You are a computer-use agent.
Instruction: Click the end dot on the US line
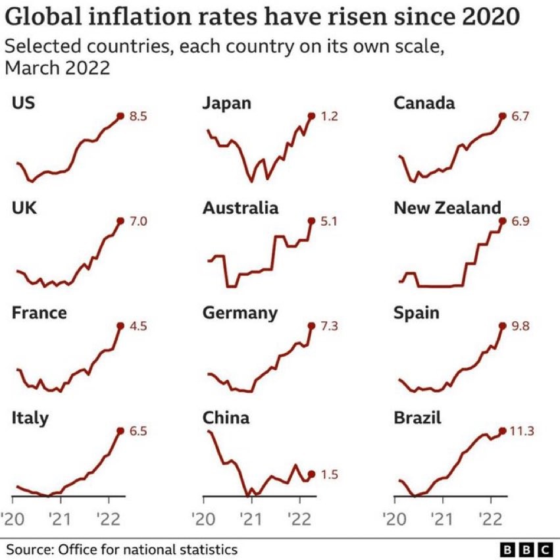(120, 116)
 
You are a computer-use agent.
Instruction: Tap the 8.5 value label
(137, 116)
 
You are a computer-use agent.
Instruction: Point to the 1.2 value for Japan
(328, 116)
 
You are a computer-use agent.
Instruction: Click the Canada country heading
(424, 103)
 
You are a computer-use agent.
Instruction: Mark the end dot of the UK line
(120, 221)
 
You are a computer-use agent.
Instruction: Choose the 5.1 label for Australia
(328, 222)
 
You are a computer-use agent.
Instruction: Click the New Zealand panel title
(447, 208)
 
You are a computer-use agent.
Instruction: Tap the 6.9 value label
(519, 222)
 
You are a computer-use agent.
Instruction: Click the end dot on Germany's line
(311, 326)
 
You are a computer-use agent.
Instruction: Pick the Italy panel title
(30, 417)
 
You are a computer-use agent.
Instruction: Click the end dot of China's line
(311, 474)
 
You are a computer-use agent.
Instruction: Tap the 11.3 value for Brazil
(522, 431)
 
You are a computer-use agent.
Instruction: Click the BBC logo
(526, 549)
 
